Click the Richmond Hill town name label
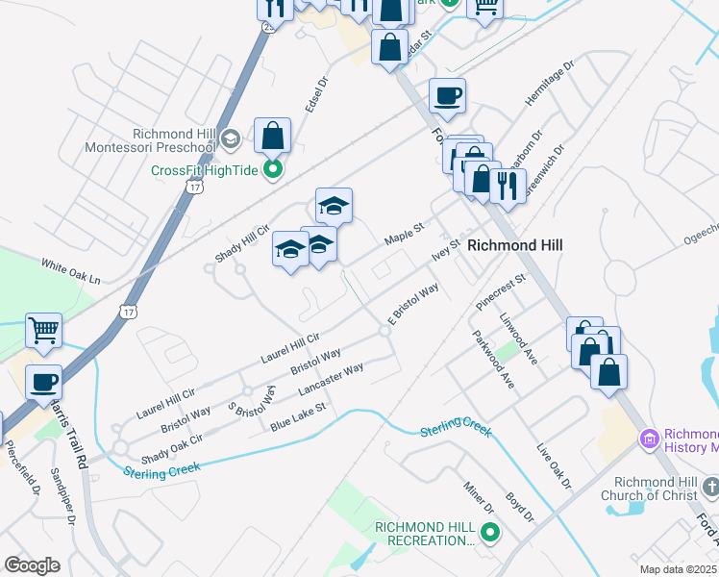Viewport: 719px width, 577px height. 514,245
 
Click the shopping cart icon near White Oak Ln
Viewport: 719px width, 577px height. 43,330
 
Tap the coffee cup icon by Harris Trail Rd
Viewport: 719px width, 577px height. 43,382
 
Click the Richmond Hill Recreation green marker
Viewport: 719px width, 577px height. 490,531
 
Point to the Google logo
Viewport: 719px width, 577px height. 32,565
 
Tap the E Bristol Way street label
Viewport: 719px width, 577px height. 413,302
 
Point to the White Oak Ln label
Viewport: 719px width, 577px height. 70,270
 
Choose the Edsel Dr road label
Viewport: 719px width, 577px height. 317,93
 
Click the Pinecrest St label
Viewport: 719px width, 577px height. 501,291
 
